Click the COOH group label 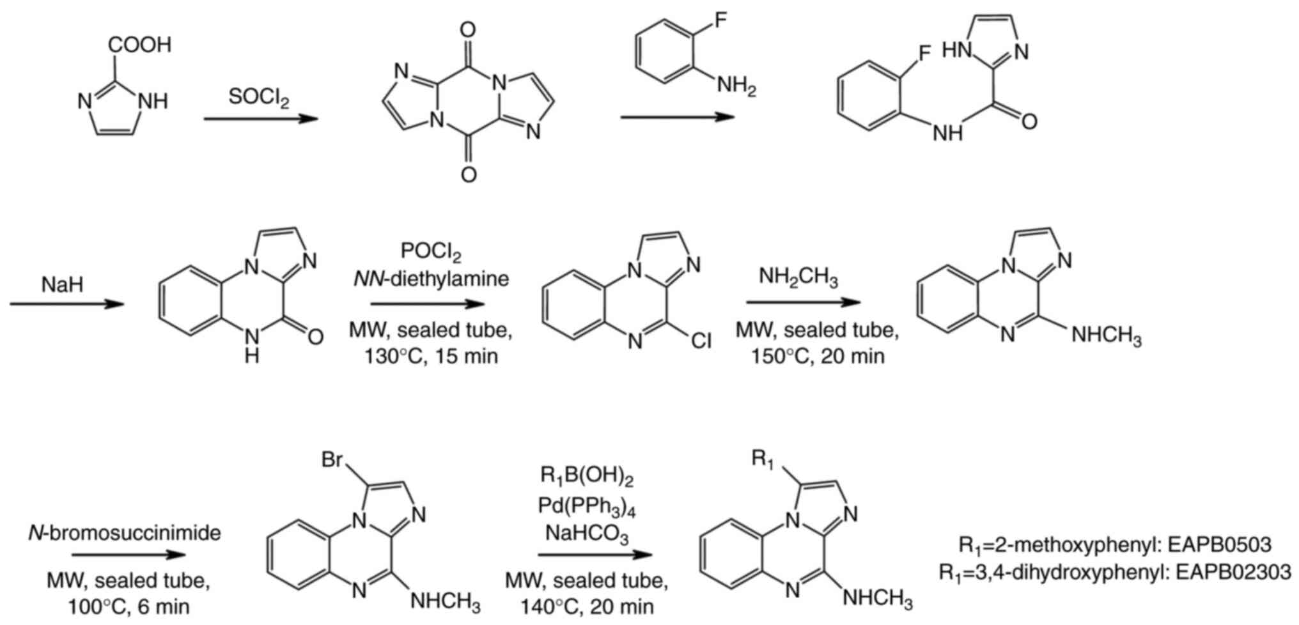[x=140, y=45]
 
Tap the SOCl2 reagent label [x=259, y=98]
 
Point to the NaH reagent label [x=63, y=284]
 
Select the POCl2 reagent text [x=431, y=251]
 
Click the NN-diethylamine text [x=430, y=279]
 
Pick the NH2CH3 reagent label [x=798, y=277]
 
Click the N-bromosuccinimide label [x=125, y=532]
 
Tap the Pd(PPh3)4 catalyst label [x=587, y=508]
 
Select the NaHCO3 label [x=587, y=533]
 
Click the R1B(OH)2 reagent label [x=587, y=477]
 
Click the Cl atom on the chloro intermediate [x=701, y=341]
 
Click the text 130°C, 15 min [x=431, y=355]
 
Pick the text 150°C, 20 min [x=818, y=355]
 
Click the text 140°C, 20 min [x=587, y=606]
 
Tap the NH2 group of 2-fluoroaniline [x=736, y=86]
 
